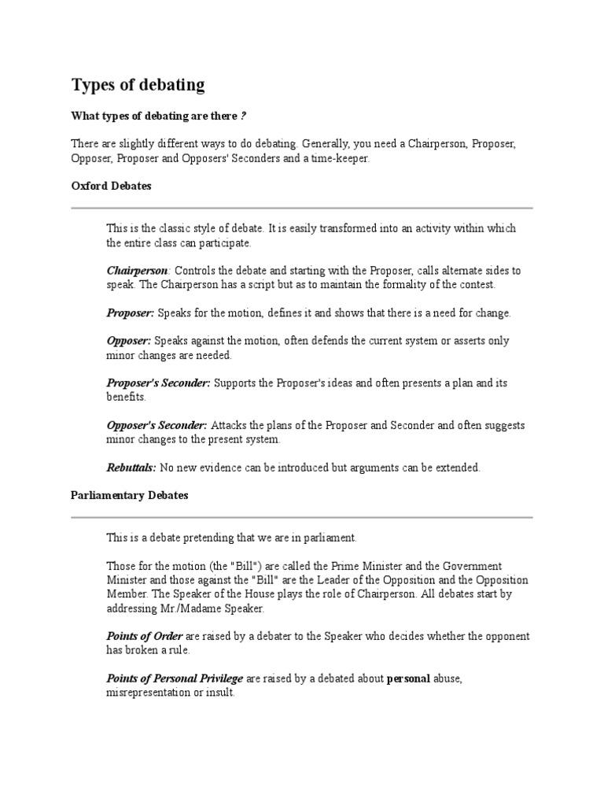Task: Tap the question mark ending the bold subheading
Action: click(x=243, y=116)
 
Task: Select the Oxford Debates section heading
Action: click(x=111, y=187)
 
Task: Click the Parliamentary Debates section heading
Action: click(x=130, y=496)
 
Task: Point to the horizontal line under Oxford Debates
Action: click(x=302, y=208)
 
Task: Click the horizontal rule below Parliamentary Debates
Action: click(x=302, y=517)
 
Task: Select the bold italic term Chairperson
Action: click(x=138, y=270)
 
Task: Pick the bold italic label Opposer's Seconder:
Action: click(x=157, y=425)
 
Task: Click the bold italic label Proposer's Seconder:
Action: click(x=158, y=383)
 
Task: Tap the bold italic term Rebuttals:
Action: click(x=131, y=468)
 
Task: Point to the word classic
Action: click(x=175, y=228)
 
